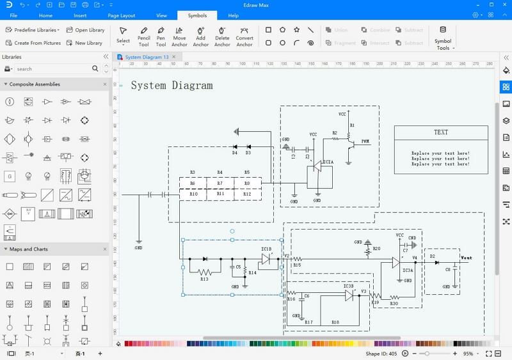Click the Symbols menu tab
tap(197, 15)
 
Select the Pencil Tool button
tap(144, 36)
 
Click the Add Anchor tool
tap(201, 36)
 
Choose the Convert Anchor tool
tap(244, 36)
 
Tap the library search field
tap(54, 69)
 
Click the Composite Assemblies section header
tap(35, 84)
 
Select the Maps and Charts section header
tap(29, 249)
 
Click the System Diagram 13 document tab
tap(147, 57)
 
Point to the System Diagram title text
tap(172, 86)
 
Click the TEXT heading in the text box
tap(441, 132)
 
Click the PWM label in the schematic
tap(365, 141)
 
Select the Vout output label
tap(467, 258)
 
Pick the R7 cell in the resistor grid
tap(220, 184)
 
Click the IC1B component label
tap(266, 249)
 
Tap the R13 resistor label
tap(204, 279)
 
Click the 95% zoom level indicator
tap(468, 354)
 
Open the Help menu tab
tap(233, 15)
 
